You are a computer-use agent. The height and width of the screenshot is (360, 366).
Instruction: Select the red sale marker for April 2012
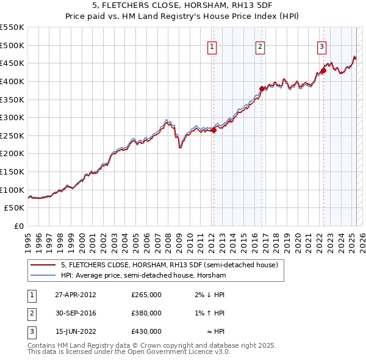(x=213, y=130)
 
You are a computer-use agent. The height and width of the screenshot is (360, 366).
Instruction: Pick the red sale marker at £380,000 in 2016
(x=262, y=88)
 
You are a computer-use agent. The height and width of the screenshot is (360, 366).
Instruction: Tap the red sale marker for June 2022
(x=323, y=70)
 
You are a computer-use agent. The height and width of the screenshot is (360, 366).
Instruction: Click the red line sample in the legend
(x=43, y=265)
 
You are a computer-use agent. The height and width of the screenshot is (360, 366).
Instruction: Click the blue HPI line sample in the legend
(x=43, y=276)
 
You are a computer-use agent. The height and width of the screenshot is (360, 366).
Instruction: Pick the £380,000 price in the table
(x=146, y=313)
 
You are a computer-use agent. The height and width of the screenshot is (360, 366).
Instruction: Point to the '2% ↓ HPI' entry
(x=210, y=295)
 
